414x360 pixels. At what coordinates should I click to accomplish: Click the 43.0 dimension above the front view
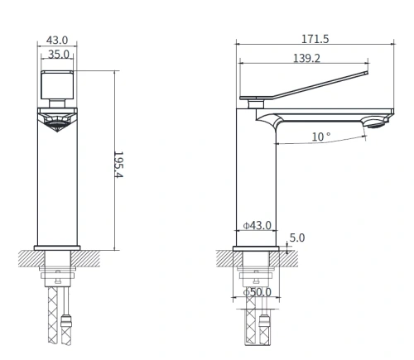[57, 39]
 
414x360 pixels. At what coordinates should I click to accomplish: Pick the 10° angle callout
[321, 137]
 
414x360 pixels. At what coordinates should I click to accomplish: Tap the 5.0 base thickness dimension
[298, 238]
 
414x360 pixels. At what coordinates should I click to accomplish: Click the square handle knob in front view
[57, 84]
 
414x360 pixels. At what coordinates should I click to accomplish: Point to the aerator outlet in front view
[57, 122]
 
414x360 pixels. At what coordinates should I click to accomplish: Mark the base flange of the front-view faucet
[57, 246]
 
